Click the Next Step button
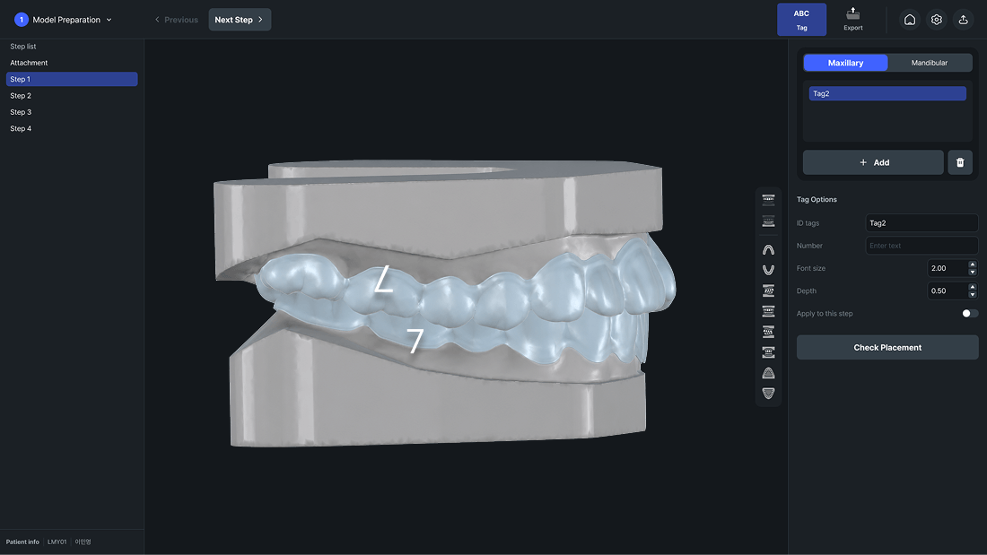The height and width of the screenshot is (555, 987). click(x=240, y=20)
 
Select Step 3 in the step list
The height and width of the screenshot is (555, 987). click(x=21, y=112)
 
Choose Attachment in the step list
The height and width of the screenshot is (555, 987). click(x=29, y=63)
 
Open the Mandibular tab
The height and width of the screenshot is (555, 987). click(x=929, y=63)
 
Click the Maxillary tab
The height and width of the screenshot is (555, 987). click(x=845, y=63)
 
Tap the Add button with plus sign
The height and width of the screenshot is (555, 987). click(x=873, y=162)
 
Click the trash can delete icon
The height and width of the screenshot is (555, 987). click(x=960, y=162)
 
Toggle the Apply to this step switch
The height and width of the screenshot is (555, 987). click(x=970, y=314)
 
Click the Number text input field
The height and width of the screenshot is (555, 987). click(x=921, y=246)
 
